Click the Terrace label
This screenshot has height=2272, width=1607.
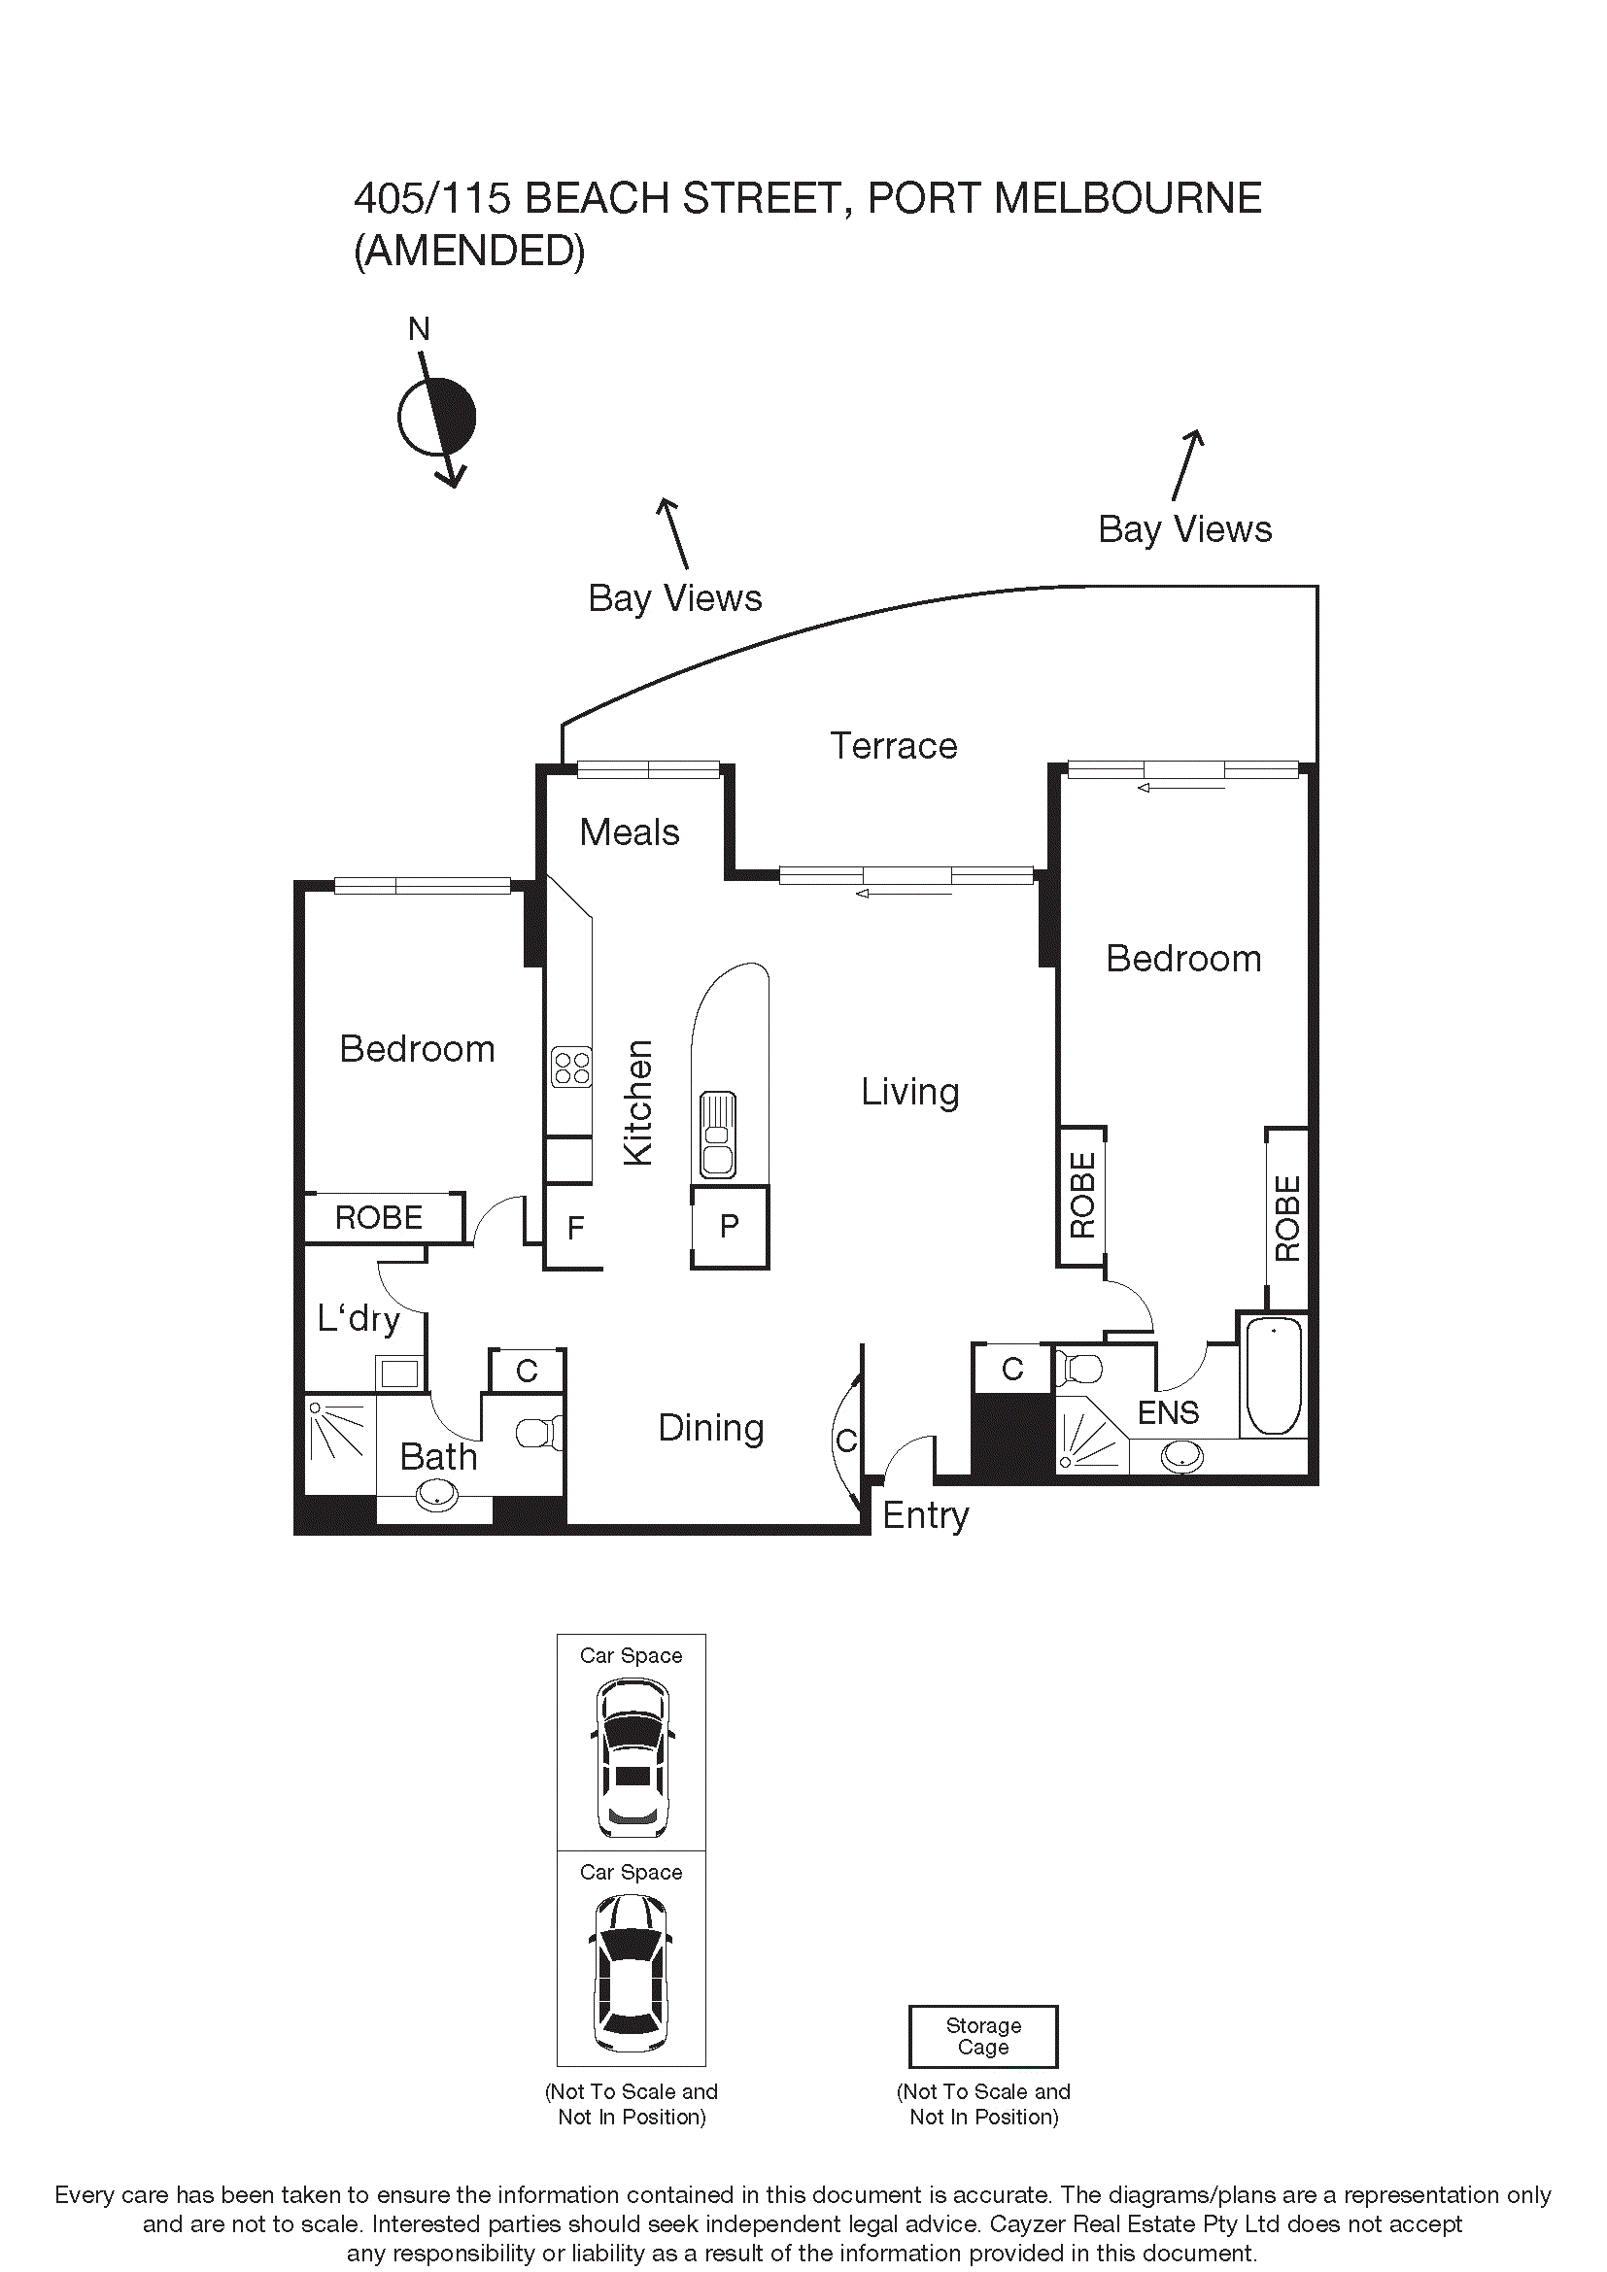tap(893, 746)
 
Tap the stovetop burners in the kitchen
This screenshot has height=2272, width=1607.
tap(571, 1067)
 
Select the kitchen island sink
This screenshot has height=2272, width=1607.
tap(717, 1134)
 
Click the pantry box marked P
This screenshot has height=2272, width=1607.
tap(730, 1226)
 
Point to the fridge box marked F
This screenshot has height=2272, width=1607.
tap(575, 1228)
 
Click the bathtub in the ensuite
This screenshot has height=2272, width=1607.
tap(1273, 1374)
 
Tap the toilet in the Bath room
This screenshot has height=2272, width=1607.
tap(538, 1432)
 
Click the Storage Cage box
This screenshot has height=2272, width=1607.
tap(982, 2037)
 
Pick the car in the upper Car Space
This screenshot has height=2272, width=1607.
tap(633, 1757)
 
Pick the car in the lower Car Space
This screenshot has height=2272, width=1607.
tap(632, 1973)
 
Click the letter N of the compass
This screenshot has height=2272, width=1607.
tap(419, 329)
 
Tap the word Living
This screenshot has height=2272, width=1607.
tap(909, 1093)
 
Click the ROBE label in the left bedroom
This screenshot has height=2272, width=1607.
tap(378, 1217)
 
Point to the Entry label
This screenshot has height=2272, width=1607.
tap(925, 1515)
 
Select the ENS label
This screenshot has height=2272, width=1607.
tap(1168, 1412)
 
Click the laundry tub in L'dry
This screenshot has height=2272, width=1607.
tap(399, 1373)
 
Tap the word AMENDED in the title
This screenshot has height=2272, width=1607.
tap(469, 252)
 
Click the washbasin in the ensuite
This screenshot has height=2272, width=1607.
tap(1181, 1456)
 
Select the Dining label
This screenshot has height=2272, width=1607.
tap(710, 1428)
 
